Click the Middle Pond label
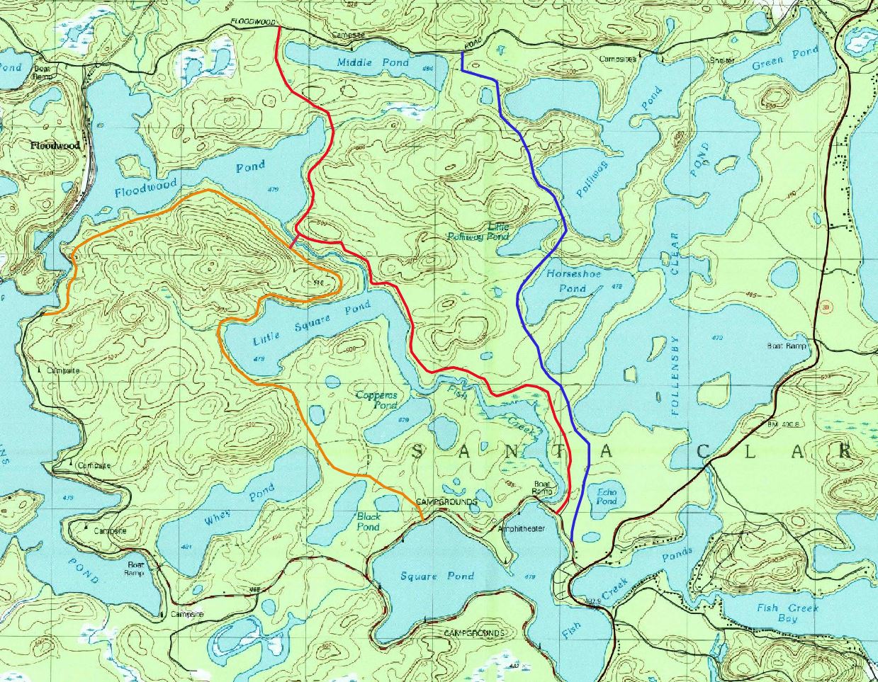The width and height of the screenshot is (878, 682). click(x=373, y=62)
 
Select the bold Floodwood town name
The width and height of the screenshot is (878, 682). click(x=55, y=145)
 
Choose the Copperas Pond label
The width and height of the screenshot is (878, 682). click(x=377, y=400)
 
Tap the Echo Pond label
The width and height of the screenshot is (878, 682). click(x=607, y=496)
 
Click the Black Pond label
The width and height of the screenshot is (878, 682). click(x=368, y=522)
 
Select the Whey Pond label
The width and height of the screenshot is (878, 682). click(x=240, y=505)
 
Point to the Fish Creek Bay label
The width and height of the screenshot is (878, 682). click(x=787, y=613)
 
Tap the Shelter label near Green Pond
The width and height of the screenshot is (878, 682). click(x=722, y=60)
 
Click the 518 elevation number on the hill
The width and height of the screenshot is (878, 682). click(x=317, y=283)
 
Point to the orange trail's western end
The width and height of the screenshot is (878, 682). click(x=44, y=312)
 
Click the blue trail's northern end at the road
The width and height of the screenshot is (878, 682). click(x=463, y=53)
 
